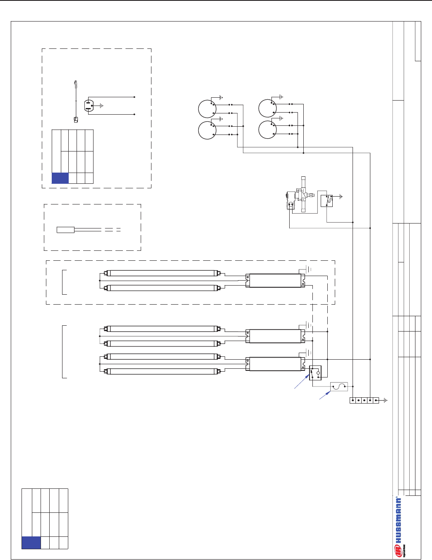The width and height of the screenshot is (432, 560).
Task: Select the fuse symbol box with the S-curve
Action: [339, 387]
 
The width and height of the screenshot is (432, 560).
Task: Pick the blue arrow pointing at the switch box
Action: [301, 382]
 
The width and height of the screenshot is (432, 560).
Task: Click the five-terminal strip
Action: [364, 400]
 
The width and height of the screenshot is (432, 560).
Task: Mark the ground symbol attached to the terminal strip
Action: [385, 400]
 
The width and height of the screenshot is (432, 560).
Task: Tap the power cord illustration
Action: [75, 101]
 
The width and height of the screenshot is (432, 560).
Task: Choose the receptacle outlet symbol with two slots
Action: [89, 106]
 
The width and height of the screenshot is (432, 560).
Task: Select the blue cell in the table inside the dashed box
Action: [60, 178]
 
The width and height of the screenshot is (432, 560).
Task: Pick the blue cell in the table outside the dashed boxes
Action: [31, 543]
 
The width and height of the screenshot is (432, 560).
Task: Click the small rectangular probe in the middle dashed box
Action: [65, 230]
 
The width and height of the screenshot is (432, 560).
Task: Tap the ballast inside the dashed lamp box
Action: [275, 281]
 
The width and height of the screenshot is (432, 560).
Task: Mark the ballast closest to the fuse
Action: [275, 364]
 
